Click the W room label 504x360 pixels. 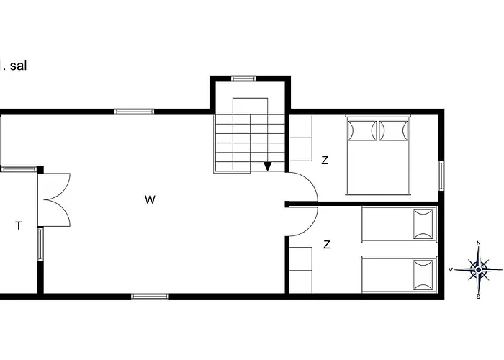click(150, 199)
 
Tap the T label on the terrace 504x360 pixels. click(19, 226)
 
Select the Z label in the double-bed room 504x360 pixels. click(325, 161)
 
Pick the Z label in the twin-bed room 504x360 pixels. click(327, 245)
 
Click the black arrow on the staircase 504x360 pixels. click(268, 166)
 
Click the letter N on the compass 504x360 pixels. click(478, 243)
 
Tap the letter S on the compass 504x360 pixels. click(478, 296)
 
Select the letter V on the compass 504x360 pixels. click(451, 270)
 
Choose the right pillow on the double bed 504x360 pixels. click(393, 131)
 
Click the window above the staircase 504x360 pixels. click(244, 78)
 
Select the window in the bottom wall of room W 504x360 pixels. click(150, 295)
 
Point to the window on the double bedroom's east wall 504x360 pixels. click(441, 176)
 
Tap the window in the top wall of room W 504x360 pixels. click(135, 112)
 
